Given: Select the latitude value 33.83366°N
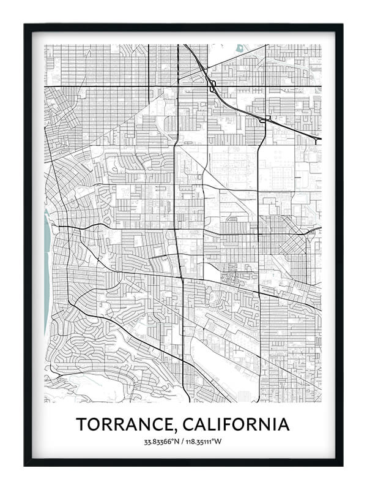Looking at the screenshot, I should coord(164,442).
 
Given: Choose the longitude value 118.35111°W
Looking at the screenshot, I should coord(206,442).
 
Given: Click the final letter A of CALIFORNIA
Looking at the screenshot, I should coord(283,424).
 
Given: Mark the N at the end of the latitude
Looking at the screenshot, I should coord(180,442).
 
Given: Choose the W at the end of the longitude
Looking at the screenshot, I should coord(222,442).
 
